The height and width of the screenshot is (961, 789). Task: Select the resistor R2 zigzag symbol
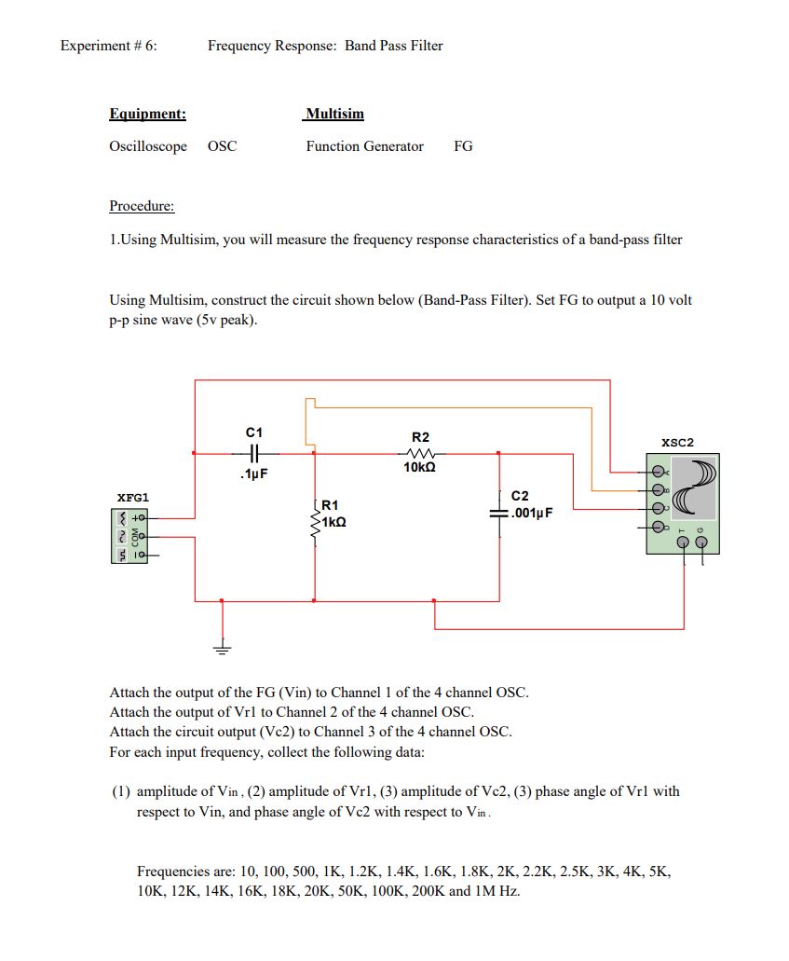420,453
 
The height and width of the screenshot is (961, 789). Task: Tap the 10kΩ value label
420,469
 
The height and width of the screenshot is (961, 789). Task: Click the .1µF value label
253,474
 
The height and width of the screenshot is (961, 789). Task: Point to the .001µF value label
535,512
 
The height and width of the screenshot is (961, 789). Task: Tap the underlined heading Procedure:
142,206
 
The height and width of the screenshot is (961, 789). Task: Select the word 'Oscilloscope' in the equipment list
148,146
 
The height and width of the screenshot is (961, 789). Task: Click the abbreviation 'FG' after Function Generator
463,146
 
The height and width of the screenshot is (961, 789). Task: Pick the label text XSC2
677,442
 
